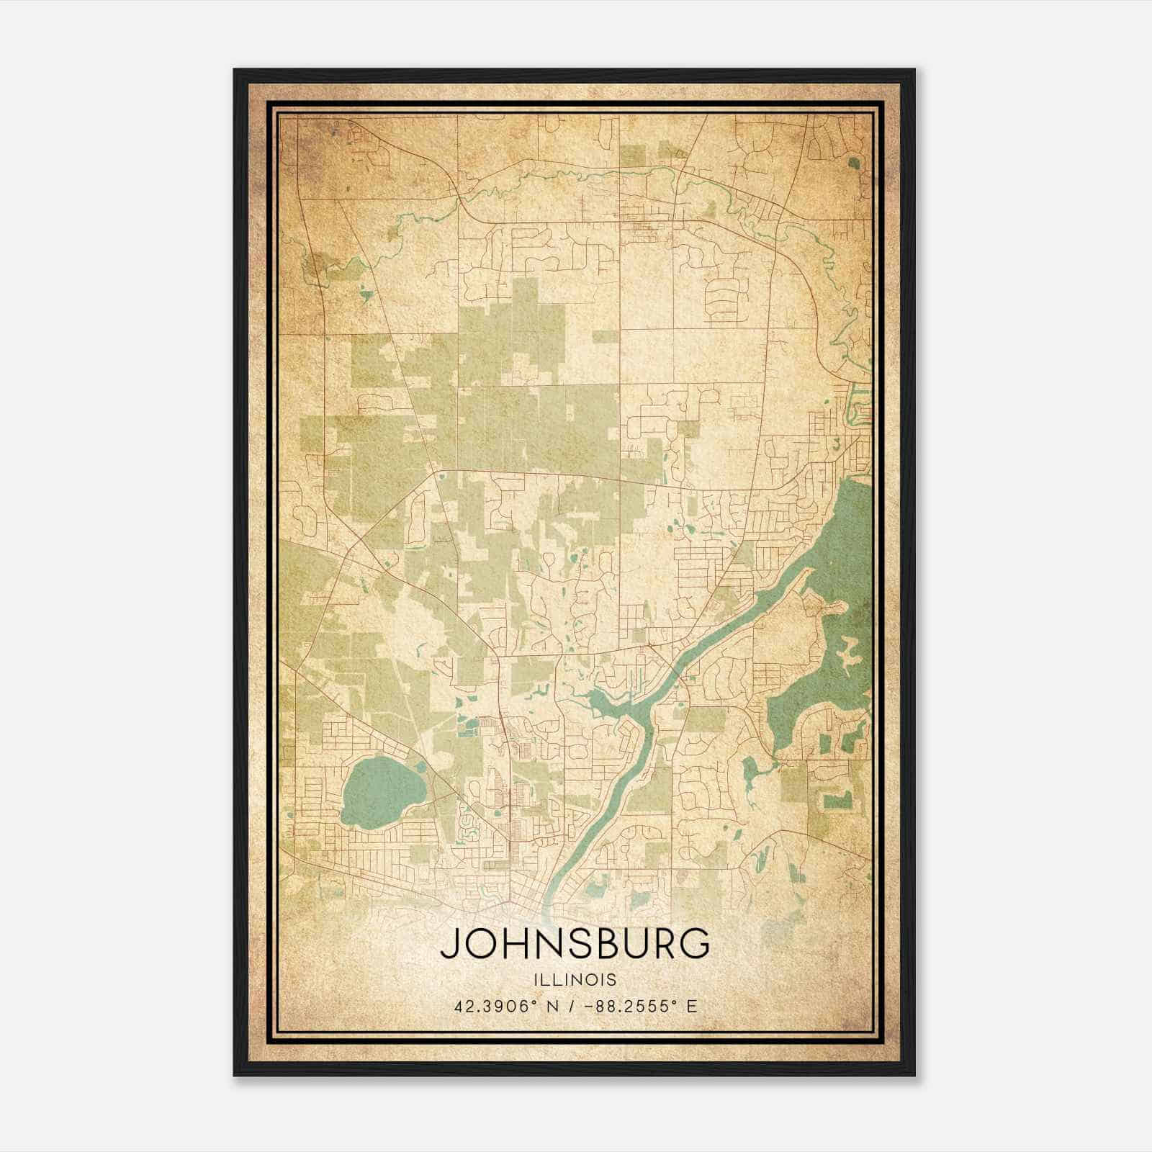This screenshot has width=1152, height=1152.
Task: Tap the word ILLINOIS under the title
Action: (575, 979)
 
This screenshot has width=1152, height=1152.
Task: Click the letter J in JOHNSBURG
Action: (449, 944)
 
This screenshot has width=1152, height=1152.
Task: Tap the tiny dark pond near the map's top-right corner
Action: (854, 163)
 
